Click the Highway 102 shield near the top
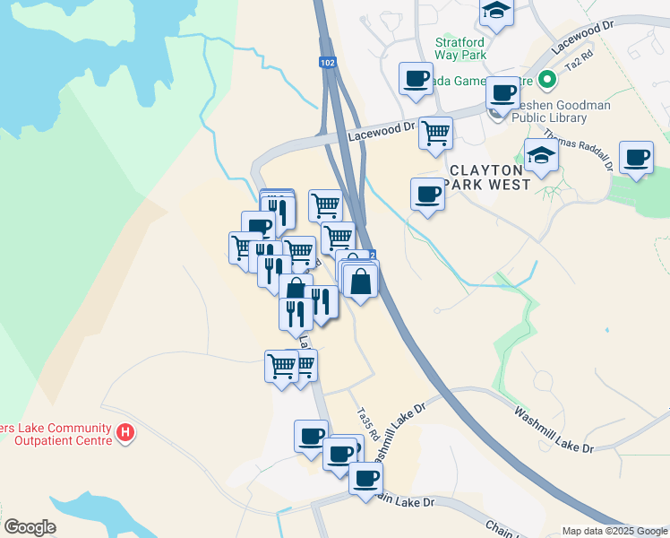[328, 63]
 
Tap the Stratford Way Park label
[460, 48]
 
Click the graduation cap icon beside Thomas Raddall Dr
[541, 156]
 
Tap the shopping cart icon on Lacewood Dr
[435, 133]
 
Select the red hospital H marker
[126, 434]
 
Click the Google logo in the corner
[30, 527]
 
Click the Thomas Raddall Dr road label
[590, 148]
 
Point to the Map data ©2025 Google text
[614, 531]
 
